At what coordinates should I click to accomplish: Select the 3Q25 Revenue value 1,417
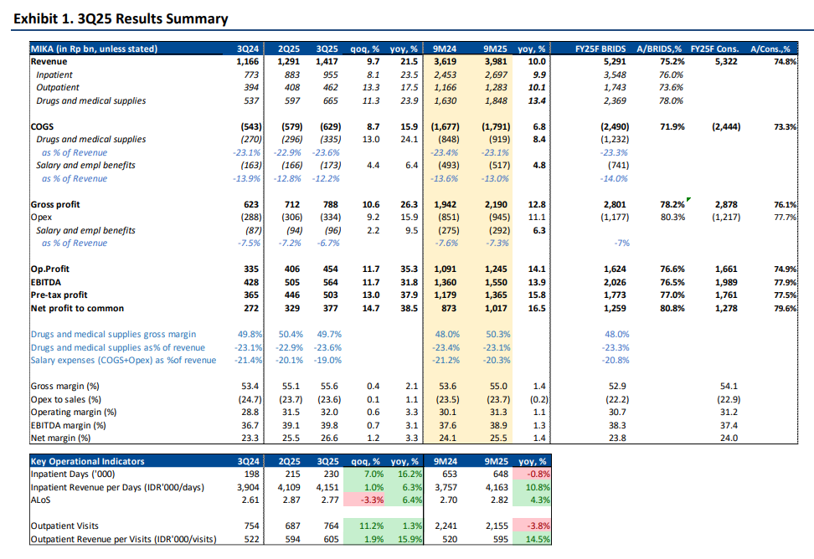[328, 62]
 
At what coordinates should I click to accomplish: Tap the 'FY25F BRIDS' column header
[601, 49]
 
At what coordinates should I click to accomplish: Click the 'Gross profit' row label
[56, 204]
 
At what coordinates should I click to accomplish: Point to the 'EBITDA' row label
[48, 282]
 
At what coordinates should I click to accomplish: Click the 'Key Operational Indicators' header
[87, 461]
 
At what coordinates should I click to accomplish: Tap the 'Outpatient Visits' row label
[65, 526]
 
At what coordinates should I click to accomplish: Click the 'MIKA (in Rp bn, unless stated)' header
[95, 49]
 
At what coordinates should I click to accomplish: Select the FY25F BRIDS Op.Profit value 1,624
[616, 269]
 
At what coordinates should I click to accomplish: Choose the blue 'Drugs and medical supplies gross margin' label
[114, 334]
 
